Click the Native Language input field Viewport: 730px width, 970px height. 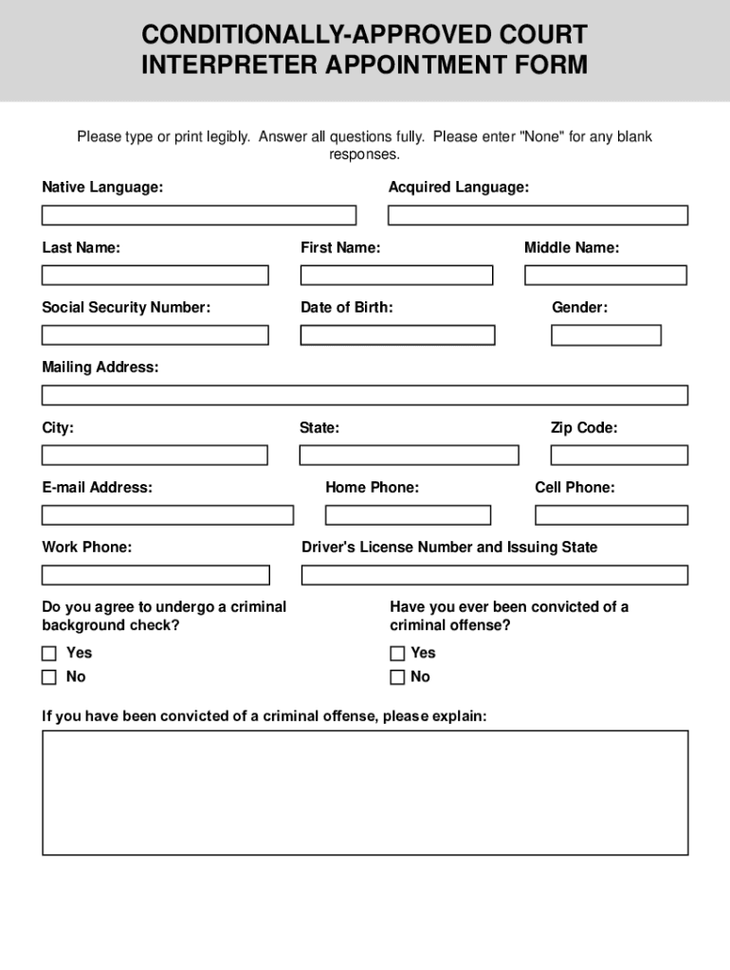click(199, 215)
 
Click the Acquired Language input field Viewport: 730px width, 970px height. click(538, 215)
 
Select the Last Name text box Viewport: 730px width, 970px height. click(155, 275)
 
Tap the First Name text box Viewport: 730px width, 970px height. click(396, 275)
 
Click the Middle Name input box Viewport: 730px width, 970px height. click(605, 275)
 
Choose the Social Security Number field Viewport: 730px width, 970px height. click(155, 335)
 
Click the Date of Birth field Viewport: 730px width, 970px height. click(397, 335)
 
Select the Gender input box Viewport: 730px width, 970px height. click(606, 335)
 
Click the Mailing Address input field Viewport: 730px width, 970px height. click(365, 395)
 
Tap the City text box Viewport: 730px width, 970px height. click(155, 456)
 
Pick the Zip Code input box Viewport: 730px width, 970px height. click(619, 456)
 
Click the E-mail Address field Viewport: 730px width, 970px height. click(167, 515)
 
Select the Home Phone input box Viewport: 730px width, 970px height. click(408, 515)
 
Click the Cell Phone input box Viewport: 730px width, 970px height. click(611, 515)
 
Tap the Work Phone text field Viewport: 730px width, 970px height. click(155, 575)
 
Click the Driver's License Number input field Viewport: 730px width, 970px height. click(494, 575)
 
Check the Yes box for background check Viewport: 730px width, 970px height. click(49, 654)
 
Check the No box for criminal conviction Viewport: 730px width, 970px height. click(397, 677)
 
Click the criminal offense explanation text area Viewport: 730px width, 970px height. click(365, 792)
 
